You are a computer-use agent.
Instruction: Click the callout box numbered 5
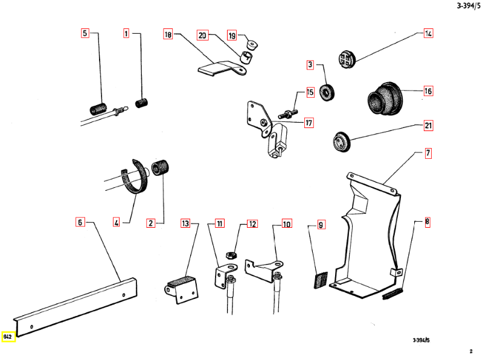[85, 34]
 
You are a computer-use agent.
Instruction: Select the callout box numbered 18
[168, 35]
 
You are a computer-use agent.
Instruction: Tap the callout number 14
[428, 34]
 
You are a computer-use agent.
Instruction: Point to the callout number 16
[428, 92]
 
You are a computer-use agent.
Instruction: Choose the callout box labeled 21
[428, 126]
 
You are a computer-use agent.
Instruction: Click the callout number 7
[427, 153]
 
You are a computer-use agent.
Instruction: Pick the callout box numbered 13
[185, 224]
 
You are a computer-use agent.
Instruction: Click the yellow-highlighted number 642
[8, 336]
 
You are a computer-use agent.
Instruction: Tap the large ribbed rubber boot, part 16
[383, 98]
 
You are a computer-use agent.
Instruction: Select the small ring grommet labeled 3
[328, 93]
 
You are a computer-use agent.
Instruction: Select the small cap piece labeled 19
[252, 43]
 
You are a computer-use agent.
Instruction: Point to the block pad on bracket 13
[181, 281]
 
